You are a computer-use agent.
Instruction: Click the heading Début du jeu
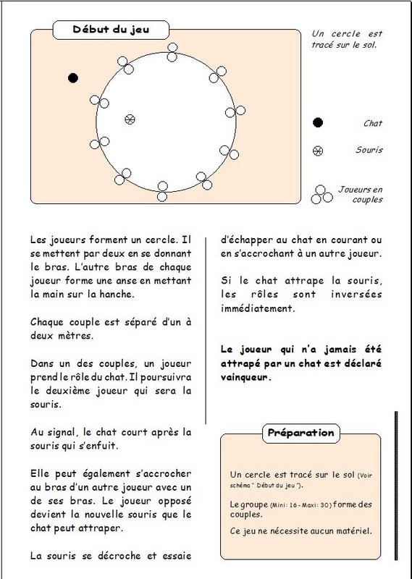click(x=111, y=30)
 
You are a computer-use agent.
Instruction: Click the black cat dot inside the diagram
click(x=73, y=78)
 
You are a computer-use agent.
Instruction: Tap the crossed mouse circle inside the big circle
click(x=130, y=119)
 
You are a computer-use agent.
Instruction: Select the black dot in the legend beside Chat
click(x=318, y=122)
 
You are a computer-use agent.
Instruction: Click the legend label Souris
click(x=369, y=150)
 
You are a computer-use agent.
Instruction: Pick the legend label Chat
click(x=372, y=123)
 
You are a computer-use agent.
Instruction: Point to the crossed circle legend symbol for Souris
click(x=318, y=151)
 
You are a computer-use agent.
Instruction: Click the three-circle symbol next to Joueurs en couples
click(x=321, y=195)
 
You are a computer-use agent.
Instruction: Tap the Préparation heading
click(x=300, y=433)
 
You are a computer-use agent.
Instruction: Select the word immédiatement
click(x=258, y=308)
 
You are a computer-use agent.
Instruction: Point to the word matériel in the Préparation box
click(x=356, y=531)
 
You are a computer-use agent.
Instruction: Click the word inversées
click(x=356, y=295)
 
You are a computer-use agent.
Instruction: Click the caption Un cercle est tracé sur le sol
click(x=347, y=39)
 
